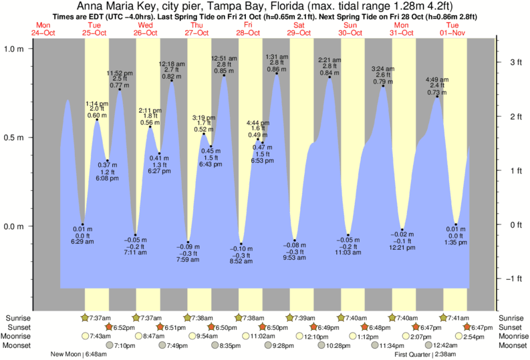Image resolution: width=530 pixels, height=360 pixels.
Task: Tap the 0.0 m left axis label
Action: [14, 226]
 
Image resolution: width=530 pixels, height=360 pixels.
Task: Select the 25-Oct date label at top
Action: [95, 32]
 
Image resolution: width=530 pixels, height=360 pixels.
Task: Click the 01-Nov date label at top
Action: [452, 32]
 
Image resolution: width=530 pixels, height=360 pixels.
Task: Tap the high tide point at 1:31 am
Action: [277, 73]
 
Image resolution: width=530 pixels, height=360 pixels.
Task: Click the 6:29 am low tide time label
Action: [82, 240]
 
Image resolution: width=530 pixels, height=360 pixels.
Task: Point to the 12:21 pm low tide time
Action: [402, 248]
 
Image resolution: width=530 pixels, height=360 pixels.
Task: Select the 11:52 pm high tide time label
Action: [120, 73]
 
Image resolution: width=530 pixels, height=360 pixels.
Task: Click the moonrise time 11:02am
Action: [264, 336]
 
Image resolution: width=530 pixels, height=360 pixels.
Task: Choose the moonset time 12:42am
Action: [445, 345]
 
